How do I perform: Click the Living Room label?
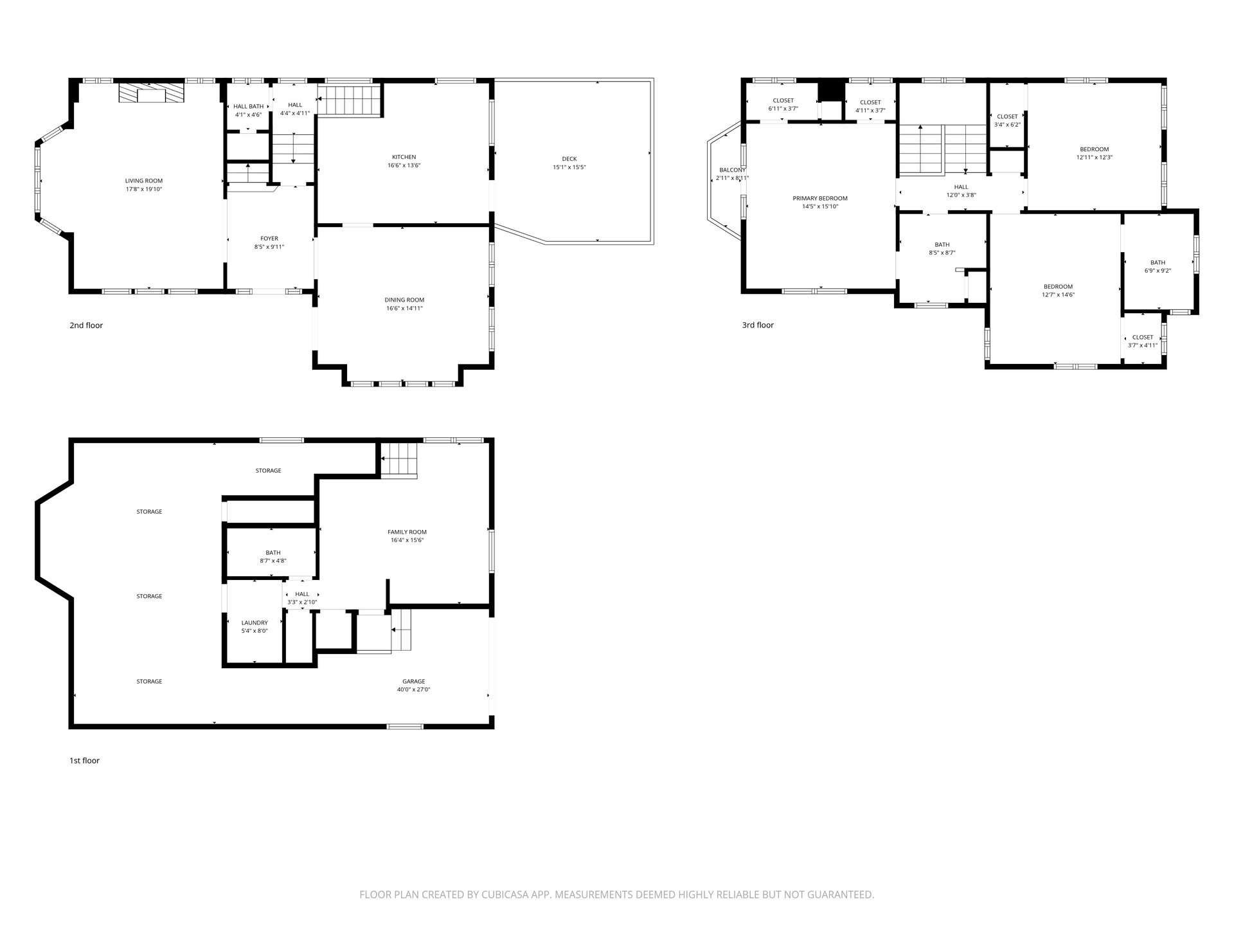point(144,181)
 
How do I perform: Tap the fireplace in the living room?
point(151,94)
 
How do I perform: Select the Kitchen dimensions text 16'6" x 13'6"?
point(404,165)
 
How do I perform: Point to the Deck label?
point(569,159)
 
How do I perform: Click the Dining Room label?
point(404,300)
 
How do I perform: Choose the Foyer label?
point(269,239)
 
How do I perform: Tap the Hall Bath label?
point(248,107)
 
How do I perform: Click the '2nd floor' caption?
point(86,325)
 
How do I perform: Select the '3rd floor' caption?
point(758,325)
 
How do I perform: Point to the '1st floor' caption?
point(84,761)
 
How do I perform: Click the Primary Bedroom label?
point(820,198)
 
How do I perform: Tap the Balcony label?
point(732,170)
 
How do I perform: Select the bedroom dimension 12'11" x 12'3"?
point(1095,158)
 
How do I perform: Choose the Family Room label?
point(407,532)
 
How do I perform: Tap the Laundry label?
point(255,622)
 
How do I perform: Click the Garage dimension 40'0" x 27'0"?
point(413,689)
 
